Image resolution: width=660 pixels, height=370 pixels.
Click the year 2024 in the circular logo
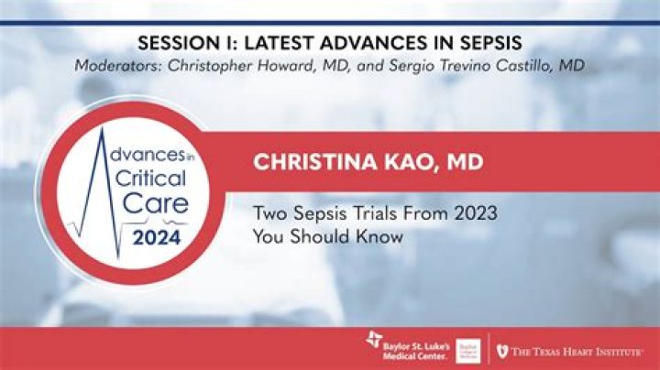(157, 242)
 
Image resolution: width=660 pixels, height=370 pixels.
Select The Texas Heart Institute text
(577, 351)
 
